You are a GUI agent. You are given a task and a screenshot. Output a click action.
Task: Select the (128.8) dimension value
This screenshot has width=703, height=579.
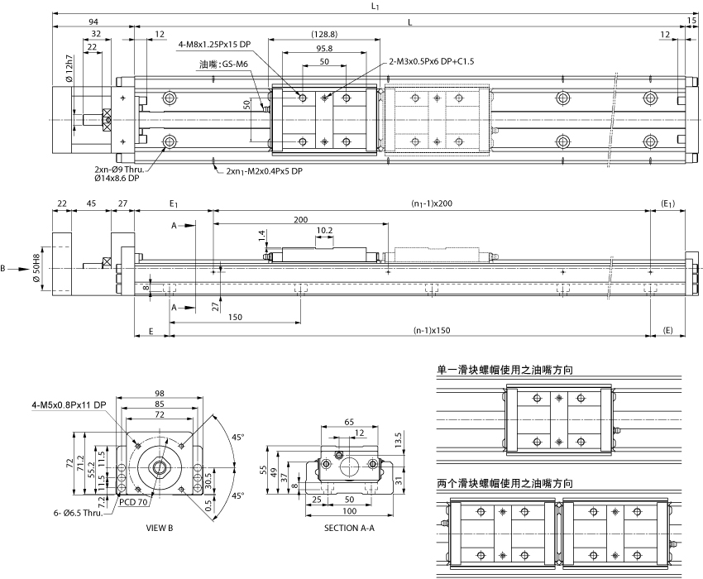(324, 34)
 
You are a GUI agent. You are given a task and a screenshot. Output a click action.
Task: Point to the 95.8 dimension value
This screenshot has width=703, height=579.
(324, 48)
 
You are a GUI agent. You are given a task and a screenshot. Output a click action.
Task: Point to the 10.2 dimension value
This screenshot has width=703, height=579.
(325, 230)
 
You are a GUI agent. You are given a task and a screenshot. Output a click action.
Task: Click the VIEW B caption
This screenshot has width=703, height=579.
(159, 527)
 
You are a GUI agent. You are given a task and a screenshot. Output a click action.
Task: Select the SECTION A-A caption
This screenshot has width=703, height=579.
(348, 527)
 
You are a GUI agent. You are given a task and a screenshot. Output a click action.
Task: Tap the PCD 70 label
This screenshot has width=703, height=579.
(133, 501)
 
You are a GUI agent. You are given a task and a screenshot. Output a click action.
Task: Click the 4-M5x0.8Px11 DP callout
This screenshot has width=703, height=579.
(69, 404)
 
